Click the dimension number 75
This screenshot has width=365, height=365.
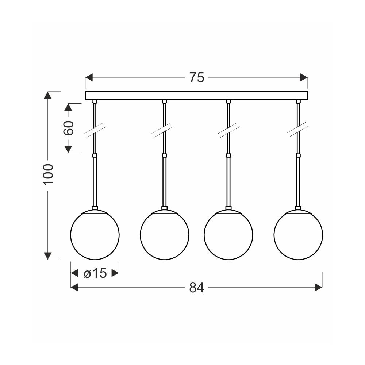(x=197, y=77)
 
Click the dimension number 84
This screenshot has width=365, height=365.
(x=197, y=288)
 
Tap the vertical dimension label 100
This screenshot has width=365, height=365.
(x=49, y=174)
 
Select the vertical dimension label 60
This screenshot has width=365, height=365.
(x=69, y=128)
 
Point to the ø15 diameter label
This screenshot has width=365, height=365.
(x=95, y=273)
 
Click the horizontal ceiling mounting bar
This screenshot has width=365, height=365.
(x=196, y=95)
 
